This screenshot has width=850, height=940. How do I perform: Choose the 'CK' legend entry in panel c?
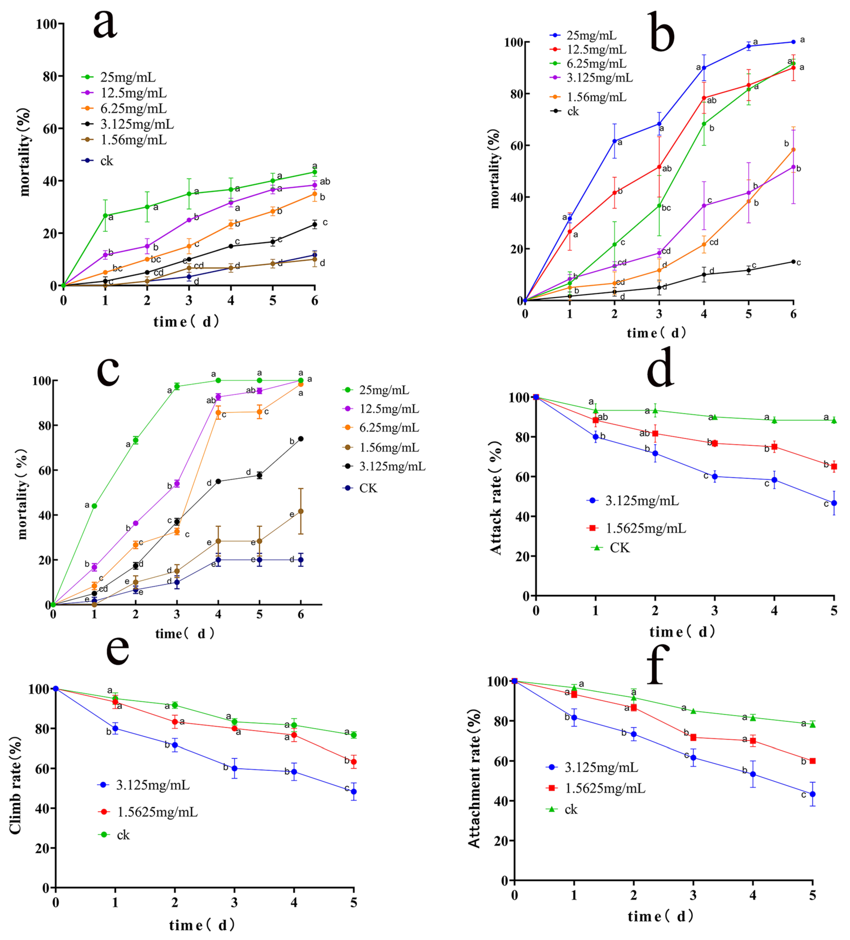point(368,488)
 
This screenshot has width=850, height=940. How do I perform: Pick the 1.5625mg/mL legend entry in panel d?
point(645,528)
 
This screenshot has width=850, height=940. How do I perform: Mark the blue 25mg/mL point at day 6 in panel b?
point(793,42)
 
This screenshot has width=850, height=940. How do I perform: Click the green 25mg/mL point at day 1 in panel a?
point(105,216)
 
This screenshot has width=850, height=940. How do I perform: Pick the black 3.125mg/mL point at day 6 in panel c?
point(301,439)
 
